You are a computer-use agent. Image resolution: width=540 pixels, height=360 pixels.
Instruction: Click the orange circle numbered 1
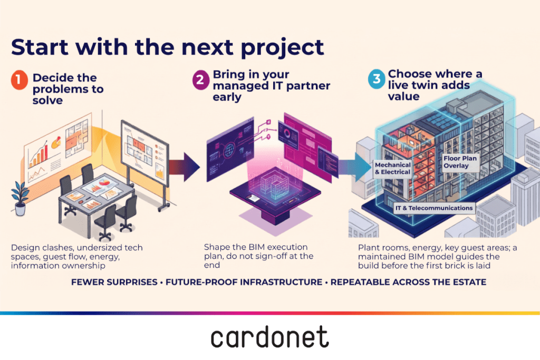20,80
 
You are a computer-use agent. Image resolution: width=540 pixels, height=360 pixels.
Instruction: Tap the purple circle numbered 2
201,80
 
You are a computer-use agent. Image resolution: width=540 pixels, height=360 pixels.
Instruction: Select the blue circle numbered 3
377,79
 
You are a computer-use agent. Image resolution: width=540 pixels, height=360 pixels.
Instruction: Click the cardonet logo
269,337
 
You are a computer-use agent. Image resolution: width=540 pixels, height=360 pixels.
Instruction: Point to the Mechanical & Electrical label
392,169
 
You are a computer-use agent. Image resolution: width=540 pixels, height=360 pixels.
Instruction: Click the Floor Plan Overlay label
460,162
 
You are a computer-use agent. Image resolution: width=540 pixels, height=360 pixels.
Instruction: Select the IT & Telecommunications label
434,208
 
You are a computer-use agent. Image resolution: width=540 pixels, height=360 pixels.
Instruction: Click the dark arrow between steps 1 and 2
184,167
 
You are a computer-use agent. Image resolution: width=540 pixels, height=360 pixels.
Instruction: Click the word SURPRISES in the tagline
132,282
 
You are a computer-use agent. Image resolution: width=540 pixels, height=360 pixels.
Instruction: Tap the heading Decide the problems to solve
68,89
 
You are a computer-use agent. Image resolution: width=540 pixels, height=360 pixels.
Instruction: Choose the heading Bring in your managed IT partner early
272,86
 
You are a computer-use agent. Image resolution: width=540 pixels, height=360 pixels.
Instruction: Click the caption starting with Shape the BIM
258,256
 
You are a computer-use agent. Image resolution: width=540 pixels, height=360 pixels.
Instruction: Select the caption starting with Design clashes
77,256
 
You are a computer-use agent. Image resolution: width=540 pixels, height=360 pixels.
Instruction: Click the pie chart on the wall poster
56,142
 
